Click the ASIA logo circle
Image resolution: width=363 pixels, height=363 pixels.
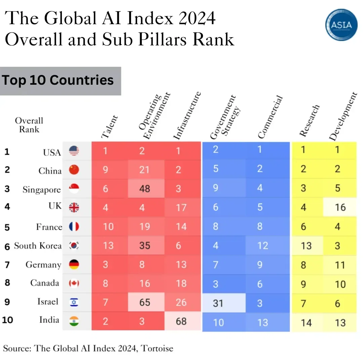coord(341,25)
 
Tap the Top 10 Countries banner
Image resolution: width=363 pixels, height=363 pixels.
coord(60,81)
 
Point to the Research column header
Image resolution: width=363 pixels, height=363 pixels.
coord(309,121)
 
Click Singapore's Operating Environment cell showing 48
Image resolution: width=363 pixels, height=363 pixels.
coord(145,188)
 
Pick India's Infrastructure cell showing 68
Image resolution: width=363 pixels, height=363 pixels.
coord(181,321)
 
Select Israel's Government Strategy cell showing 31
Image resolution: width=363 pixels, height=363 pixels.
coord(218,303)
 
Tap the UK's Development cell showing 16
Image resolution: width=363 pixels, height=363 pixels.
coord(340,207)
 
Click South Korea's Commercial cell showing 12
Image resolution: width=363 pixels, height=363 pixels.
coord(263,246)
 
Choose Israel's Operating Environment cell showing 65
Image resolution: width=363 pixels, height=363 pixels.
coord(145,302)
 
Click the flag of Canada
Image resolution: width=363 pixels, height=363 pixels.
coord(74,283)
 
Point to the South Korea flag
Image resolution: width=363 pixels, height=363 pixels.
coord(74,246)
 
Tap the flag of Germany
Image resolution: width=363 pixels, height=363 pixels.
coord(74,265)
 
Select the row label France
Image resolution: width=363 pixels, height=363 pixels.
coord(49,227)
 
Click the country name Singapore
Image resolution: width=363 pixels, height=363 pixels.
coord(42,190)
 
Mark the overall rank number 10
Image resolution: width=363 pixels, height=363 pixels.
coord(7,320)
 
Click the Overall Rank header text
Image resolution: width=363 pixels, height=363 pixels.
coord(29,125)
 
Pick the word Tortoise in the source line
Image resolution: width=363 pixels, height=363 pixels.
coord(157,348)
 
